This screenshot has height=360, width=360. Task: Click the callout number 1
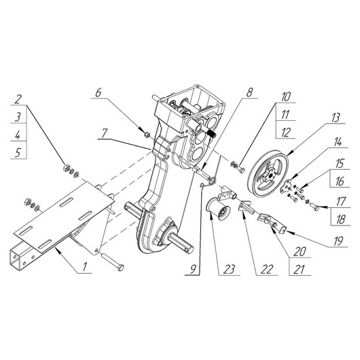pos(85,267)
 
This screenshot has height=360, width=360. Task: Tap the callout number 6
pos(98,92)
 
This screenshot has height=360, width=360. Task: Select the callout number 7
pos(105,133)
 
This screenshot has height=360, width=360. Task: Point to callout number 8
pos(249,92)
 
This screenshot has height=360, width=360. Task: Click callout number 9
pos(194,269)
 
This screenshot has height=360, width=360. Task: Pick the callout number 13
pos(336,118)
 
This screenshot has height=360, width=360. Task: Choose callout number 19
pos(338,241)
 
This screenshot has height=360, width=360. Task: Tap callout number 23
pos(230,269)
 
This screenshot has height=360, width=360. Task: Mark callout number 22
pos(266,269)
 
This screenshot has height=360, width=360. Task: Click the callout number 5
pos(18,152)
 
